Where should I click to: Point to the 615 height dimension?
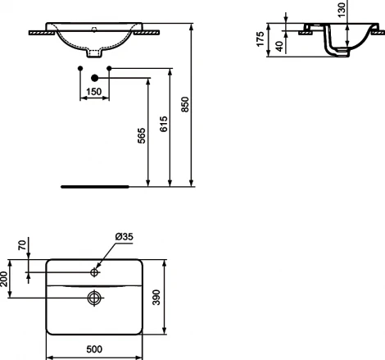tap(162, 123)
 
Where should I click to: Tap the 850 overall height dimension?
tap(184, 104)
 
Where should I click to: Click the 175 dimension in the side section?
tap(261, 39)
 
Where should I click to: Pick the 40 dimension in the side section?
tap(280, 46)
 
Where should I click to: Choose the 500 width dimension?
tap(93, 349)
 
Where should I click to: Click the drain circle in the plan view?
tap(95, 297)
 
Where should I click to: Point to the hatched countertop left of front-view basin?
tap(39, 33)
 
